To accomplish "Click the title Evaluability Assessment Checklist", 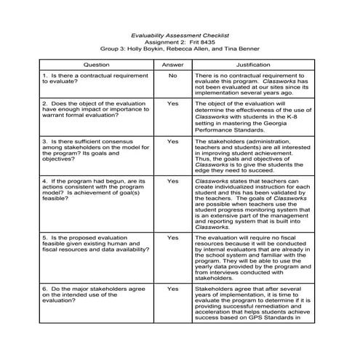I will pyautogui.click(x=179, y=34).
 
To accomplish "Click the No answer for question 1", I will pyautogui.click(x=172, y=76).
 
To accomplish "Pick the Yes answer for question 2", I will pyautogui.click(x=172, y=104).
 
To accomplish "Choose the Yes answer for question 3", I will pyautogui.click(x=172, y=142).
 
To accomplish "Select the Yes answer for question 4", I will pyautogui.click(x=172, y=180).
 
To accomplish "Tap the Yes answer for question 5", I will pyautogui.click(x=172, y=237).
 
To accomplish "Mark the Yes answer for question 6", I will pyautogui.click(x=172, y=288).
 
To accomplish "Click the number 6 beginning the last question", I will pyautogui.click(x=44, y=289).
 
